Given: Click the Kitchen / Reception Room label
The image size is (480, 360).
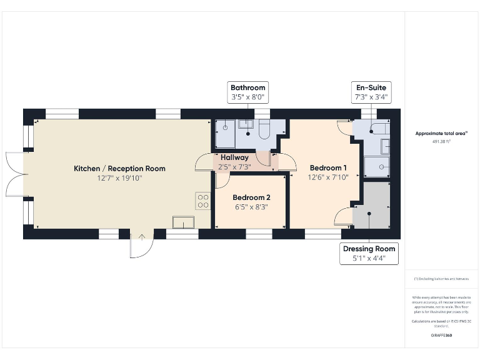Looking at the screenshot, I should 119,168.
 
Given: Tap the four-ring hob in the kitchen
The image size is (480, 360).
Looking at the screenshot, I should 203,201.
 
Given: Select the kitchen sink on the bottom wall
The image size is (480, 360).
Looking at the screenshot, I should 184,221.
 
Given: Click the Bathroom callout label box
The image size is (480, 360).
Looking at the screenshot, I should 248,92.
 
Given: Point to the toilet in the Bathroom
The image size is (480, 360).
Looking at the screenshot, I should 263,129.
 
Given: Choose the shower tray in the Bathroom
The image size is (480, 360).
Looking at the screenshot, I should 226,131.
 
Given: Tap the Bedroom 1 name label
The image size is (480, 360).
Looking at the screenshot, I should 328,167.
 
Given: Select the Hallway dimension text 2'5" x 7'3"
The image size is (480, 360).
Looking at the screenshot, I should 234,167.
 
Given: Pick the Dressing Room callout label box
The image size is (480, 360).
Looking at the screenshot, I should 369,254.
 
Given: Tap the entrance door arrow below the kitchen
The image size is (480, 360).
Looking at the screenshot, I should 142,237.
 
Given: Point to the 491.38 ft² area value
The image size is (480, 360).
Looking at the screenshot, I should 442,142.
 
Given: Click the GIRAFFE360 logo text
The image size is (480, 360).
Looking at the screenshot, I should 441,336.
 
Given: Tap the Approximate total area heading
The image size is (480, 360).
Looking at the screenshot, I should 442,133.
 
